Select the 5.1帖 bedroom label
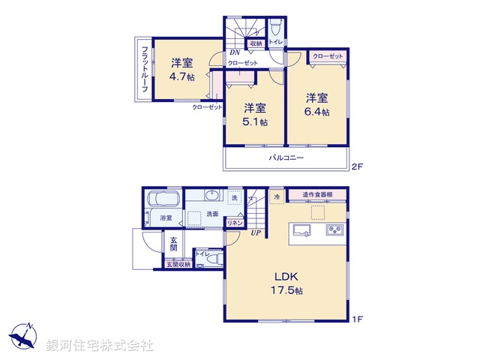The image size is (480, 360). pyautogui.click(x=250, y=115)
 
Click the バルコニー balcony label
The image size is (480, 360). pyautogui.click(x=286, y=158)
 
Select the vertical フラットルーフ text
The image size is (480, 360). pyautogui.click(x=143, y=67)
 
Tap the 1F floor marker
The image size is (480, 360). pyautogui.click(x=358, y=319)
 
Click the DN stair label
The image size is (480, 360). pyautogui.click(x=234, y=52)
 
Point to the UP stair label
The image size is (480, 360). pyautogui.click(x=256, y=232)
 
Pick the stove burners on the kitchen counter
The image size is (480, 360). pyautogui.click(x=334, y=230)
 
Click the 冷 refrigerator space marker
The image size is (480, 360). pyautogui.click(x=277, y=196)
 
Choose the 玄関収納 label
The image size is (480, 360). pyautogui.click(x=178, y=264)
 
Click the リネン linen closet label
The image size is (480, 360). pyautogui.click(x=235, y=223)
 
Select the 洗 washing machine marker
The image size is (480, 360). pyautogui.click(x=235, y=197)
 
